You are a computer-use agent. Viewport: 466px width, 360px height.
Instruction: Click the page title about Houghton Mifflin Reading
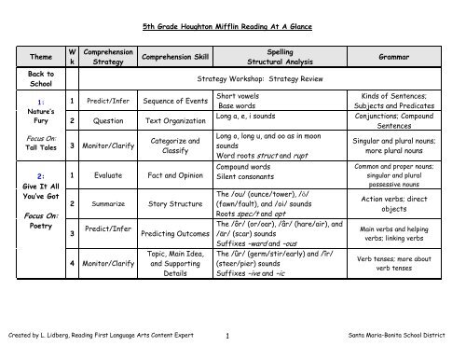click(233, 29)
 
